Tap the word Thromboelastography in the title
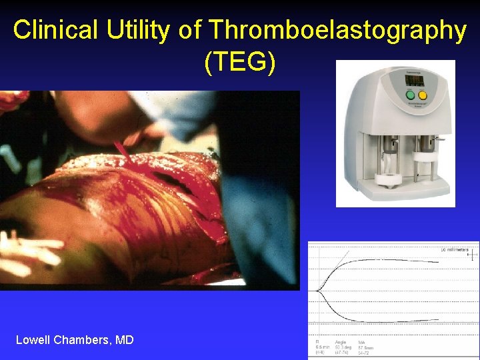337,31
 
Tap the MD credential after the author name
125,340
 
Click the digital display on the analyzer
415,80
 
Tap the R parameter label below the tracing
317,341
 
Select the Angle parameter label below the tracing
340,341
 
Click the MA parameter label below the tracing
361,341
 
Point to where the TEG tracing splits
319,291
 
